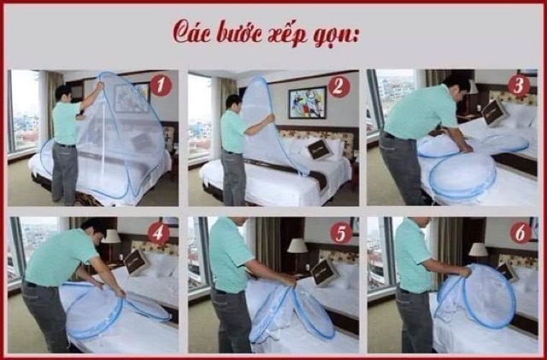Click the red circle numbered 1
coord(161,86)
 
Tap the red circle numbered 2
coord(338,86)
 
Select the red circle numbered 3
coord(519,86)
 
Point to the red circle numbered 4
coord(158,233)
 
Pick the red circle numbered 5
coord(341,233)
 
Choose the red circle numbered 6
coord(521,233)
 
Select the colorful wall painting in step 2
coord(308,103)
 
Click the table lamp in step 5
coord(297,252)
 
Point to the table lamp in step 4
coord(111,243)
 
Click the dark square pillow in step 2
coord(319,150)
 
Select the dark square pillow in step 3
coord(494,112)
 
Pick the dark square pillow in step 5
coord(325,273)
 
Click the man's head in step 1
coord(64,93)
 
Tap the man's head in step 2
coord(233,103)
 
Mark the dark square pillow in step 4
coord(136,263)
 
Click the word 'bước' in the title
coord(239,32)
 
